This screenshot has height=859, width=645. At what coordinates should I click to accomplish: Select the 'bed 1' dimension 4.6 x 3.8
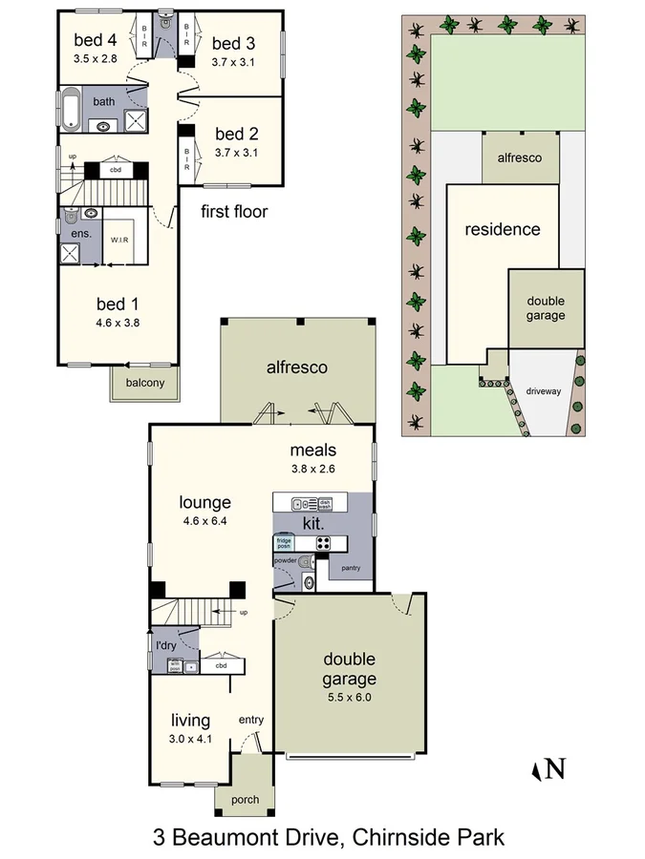(x=118, y=323)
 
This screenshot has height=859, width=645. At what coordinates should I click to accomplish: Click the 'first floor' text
(x=234, y=212)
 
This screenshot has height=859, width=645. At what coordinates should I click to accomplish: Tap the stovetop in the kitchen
(x=323, y=543)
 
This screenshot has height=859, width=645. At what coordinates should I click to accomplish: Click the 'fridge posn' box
(x=285, y=544)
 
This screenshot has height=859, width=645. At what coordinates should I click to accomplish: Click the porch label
(x=246, y=800)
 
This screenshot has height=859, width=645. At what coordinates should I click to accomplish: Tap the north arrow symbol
(x=548, y=769)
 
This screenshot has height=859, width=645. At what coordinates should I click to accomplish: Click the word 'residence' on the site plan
(x=502, y=229)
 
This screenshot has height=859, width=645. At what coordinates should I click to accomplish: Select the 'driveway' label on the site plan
(x=543, y=391)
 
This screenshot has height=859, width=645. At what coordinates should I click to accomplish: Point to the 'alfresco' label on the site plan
(x=520, y=157)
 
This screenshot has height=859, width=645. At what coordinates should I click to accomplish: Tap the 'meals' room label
(x=314, y=450)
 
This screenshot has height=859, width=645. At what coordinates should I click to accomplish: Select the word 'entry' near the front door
(x=250, y=720)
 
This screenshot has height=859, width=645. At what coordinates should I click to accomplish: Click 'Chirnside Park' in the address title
(x=427, y=838)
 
